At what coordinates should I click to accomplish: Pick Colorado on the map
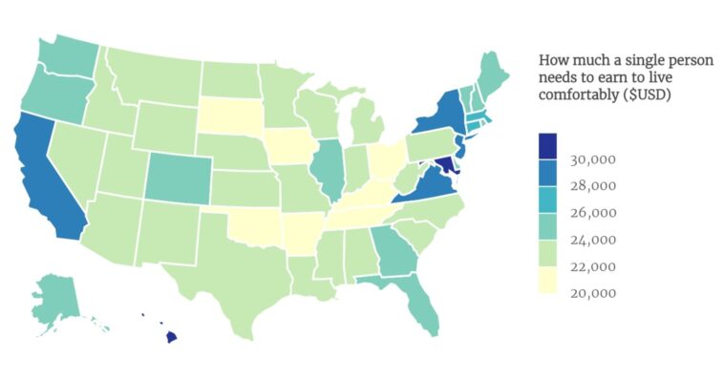(x=176, y=178)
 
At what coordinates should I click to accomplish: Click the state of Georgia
(x=389, y=250)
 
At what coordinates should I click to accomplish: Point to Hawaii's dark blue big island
(x=171, y=336)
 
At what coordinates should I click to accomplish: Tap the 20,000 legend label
(x=593, y=292)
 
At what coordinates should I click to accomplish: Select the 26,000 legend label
(x=593, y=212)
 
